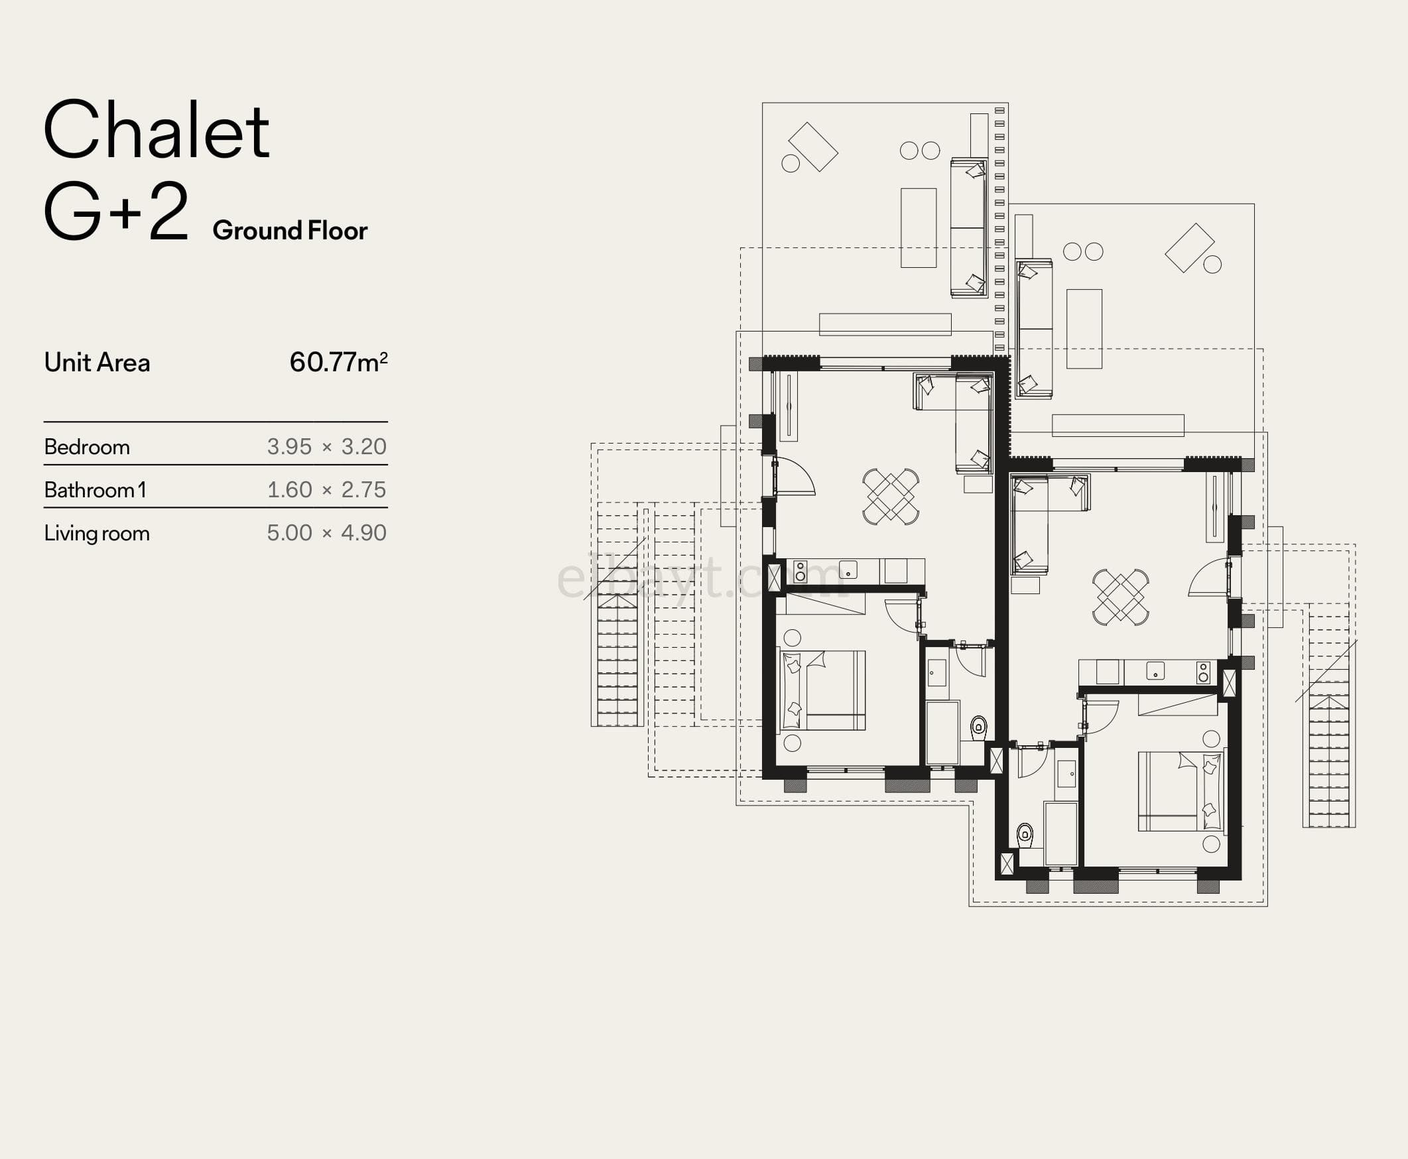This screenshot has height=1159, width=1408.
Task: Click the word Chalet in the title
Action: pos(157,130)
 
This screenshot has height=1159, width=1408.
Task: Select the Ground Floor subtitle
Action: pos(290,230)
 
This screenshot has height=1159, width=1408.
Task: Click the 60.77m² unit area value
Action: pos(338,362)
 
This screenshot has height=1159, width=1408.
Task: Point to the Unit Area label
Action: pos(97,363)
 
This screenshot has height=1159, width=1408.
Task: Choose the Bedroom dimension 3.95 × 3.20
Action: pos(326,447)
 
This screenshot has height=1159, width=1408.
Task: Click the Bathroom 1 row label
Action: pos(95,490)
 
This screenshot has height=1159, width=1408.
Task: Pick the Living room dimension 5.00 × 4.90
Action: pos(326,533)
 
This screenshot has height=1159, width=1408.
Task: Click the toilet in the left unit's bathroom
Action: pos(978,727)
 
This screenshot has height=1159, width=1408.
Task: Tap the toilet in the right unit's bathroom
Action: pos(1025,834)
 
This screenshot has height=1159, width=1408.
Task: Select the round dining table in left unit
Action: pos(891,497)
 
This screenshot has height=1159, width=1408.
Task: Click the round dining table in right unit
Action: pos(1121,597)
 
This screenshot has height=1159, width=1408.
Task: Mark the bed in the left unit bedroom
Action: pos(823,690)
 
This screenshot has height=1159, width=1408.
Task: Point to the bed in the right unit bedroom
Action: pos(1181,791)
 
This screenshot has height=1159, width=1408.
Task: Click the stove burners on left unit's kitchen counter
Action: pos(800,572)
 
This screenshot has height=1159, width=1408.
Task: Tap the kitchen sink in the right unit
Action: pos(1155,671)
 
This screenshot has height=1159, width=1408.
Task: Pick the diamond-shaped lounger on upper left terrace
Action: pos(812,147)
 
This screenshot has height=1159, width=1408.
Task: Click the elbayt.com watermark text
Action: pos(701,578)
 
